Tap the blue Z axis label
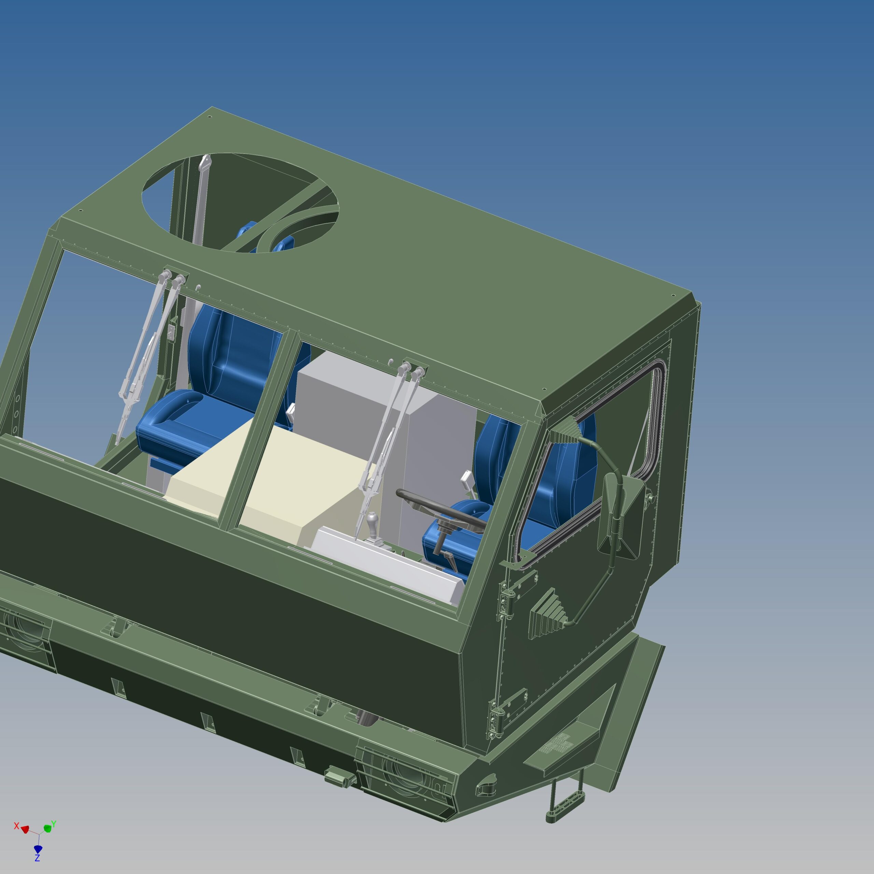[x=38, y=858]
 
